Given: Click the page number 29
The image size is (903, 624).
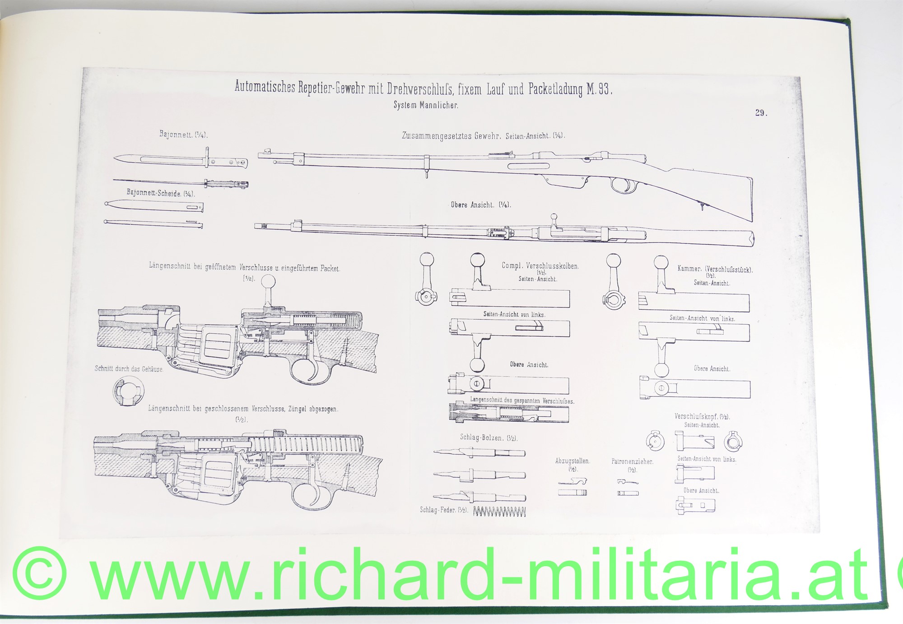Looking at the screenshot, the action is tap(761, 113).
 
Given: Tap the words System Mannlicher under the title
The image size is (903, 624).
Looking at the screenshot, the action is tap(426, 105).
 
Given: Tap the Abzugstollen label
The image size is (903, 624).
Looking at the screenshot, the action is tap(573, 461).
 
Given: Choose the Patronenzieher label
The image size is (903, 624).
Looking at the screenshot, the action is tap(632, 461).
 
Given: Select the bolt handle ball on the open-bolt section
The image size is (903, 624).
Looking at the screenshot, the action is tap(268, 281).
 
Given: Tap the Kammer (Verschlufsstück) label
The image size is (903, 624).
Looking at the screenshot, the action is tap(715, 269).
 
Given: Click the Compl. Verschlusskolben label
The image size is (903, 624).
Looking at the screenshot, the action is tap(540, 266).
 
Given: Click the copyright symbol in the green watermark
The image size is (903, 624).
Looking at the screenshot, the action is tap(40, 573).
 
